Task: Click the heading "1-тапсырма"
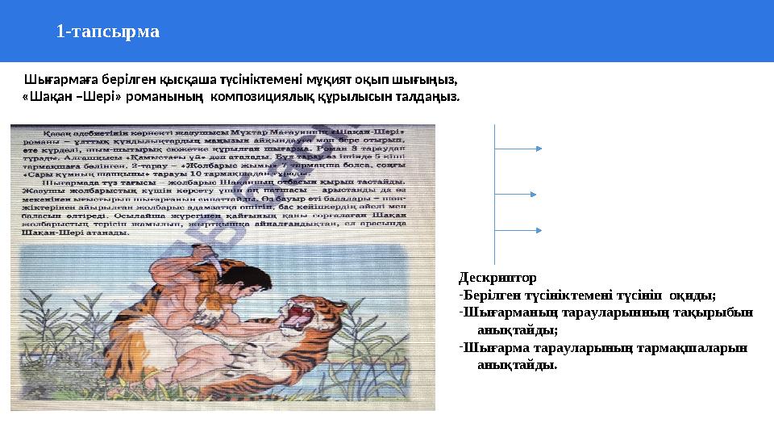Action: [x=108, y=32]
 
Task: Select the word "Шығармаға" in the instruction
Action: [x=59, y=80]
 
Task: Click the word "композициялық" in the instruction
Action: [x=260, y=98]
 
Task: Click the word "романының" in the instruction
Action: [x=169, y=98]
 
